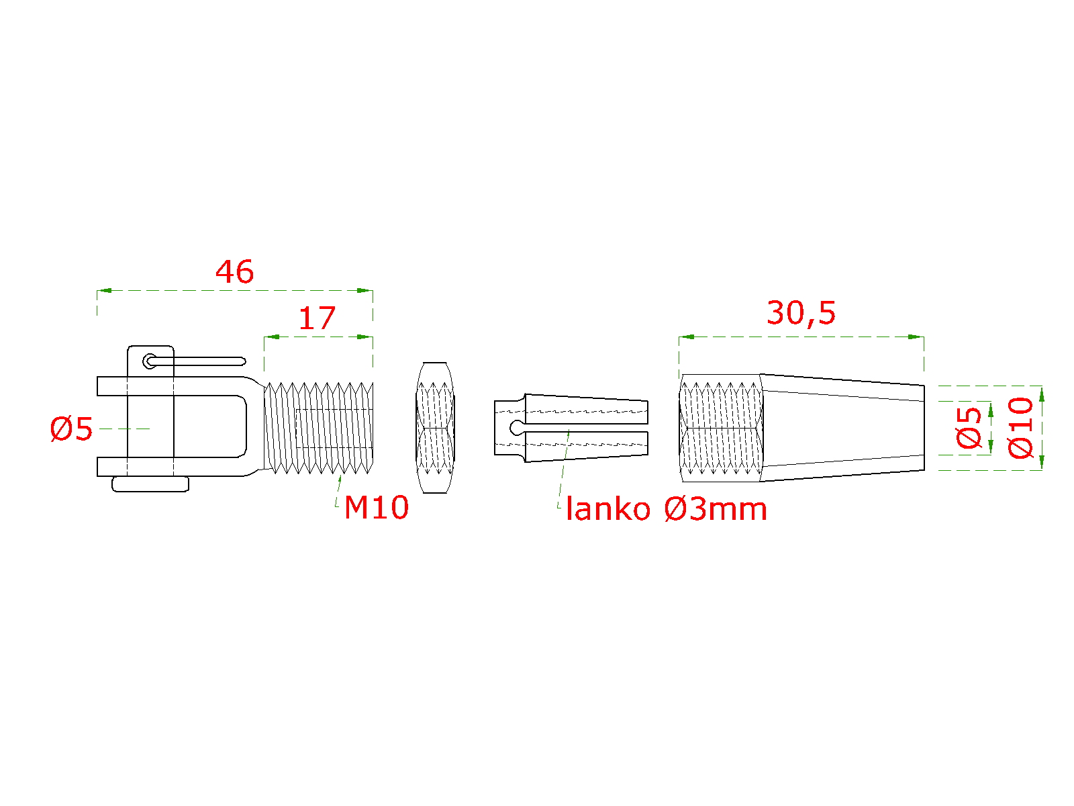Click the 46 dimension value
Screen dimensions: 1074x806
(234, 272)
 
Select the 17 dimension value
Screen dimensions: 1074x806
(317, 318)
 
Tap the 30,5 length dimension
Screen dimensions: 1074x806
(801, 313)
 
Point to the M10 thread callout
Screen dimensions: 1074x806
(377, 508)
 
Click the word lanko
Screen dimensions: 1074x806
(608, 509)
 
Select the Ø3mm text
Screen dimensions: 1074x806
(716, 509)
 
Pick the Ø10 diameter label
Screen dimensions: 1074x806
(1020, 428)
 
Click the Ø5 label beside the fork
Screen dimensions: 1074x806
(71, 429)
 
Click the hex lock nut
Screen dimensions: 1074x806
(435, 428)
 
